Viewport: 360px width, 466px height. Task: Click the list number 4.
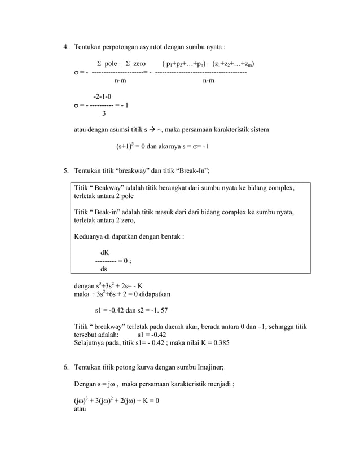click(x=65, y=46)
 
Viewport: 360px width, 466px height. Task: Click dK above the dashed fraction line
click(x=105, y=253)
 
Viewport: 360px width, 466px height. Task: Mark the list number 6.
click(x=65, y=368)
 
